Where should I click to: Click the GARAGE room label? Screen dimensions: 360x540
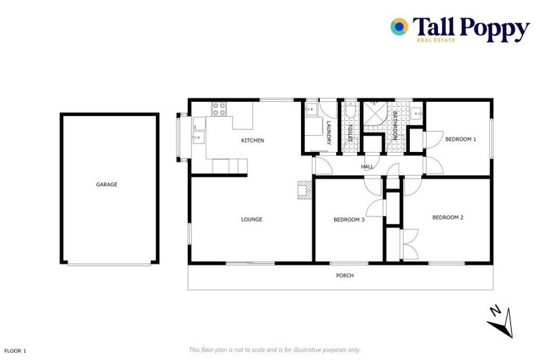(107, 185)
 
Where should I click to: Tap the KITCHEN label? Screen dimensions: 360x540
(252, 141)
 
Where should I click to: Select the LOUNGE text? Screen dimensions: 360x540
(252, 219)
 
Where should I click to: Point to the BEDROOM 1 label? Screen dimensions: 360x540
(461, 139)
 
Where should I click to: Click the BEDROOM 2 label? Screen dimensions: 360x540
(448, 217)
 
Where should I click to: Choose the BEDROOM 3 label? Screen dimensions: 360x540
(349, 220)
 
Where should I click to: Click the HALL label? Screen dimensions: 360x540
(367, 167)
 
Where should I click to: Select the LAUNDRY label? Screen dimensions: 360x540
(328, 131)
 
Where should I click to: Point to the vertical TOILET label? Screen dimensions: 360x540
(349, 133)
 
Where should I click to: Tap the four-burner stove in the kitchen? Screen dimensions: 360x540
(219, 109)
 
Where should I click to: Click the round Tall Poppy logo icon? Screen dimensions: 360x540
(399, 27)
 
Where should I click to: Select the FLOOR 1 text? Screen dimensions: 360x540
(15, 350)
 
